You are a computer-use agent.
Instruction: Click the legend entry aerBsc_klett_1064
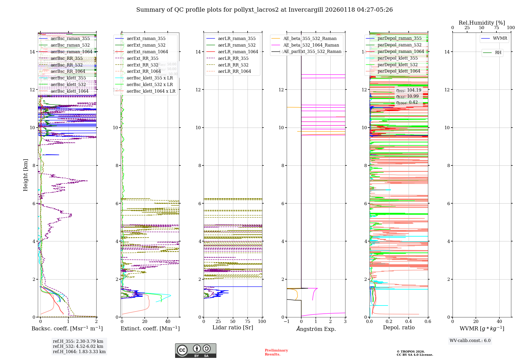coord(69,91)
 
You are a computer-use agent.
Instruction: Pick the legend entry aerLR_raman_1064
coord(238,52)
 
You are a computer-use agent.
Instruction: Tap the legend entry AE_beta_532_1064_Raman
coord(311,45)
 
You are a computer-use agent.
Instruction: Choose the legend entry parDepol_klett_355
coord(397,58)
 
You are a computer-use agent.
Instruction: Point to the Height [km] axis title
coord(25,175)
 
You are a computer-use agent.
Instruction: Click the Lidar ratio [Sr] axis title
coord(233,328)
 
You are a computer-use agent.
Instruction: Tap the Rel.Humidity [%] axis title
coord(482,23)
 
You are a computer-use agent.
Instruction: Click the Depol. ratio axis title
coord(399,328)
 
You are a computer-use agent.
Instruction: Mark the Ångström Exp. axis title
coord(316,329)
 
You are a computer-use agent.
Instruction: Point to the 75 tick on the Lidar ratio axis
coord(248,322)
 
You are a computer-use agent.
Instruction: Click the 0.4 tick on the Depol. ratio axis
coord(408,322)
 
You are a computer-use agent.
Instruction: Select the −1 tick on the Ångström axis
coord(286,322)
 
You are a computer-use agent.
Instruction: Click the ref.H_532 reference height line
coord(78,346)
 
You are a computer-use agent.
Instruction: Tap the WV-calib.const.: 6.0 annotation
coord(470,341)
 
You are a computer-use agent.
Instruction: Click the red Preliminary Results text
coord(276,352)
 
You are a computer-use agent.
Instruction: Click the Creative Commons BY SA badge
coord(195,351)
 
